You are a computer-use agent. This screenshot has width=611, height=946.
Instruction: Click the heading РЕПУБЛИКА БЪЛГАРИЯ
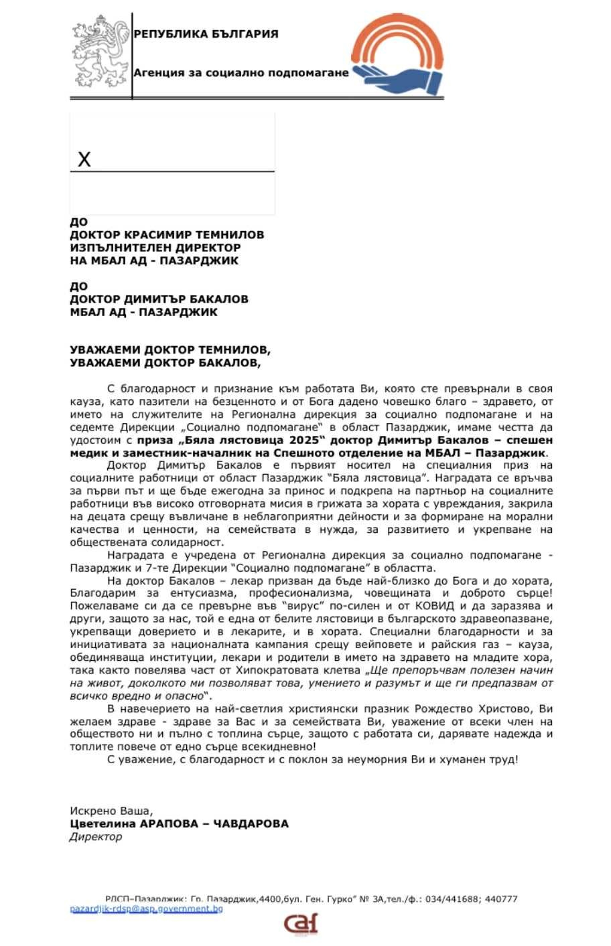[206, 34]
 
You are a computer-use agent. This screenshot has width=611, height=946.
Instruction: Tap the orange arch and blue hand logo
[399, 57]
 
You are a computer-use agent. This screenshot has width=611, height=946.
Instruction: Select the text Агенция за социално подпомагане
[241, 72]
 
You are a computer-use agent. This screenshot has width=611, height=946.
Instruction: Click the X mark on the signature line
[84, 159]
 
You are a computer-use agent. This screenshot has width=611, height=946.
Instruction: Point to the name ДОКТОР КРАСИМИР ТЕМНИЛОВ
[167, 235]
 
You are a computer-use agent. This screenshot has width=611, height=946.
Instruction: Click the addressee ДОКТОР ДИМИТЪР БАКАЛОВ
[159, 299]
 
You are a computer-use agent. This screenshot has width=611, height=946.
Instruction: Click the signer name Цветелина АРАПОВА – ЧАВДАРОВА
[179, 823]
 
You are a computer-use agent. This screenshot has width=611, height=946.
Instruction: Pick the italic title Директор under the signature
[96, 836]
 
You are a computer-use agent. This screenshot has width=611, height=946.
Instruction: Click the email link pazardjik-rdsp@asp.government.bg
[146, 909]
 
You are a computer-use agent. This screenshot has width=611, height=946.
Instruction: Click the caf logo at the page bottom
[300, 925]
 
